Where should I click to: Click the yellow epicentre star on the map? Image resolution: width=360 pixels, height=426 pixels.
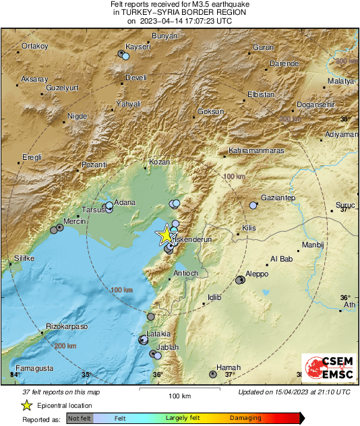coord(165,235)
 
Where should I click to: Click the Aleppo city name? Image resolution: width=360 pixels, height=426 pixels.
coord(257,274)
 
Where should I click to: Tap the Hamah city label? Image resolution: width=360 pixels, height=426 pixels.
coord(229,367)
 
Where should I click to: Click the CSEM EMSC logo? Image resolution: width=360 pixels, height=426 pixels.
coord(327,369)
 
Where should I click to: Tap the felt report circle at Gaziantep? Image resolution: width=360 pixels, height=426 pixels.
coord(253,205)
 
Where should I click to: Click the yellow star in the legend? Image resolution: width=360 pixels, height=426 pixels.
coord(26,406)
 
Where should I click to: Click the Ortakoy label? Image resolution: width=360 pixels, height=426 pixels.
coord(35,46)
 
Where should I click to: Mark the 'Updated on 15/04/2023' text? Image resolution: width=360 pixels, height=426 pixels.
coord(294,392)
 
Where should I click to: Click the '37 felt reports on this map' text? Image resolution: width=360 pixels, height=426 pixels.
coord(61,392)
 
